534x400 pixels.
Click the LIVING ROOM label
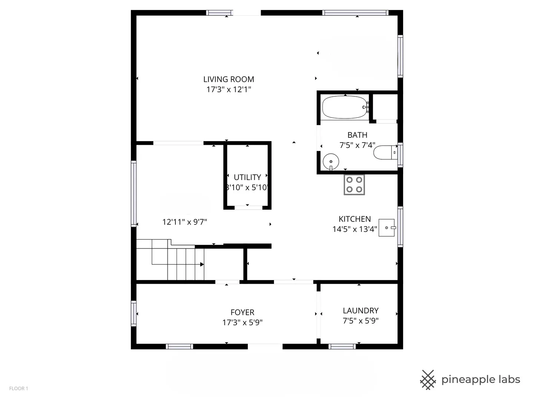click(x=228, y=79)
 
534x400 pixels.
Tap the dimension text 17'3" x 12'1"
click(x=228, y=89)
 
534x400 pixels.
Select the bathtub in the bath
click(x=345, y=107)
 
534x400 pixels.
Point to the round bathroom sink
click(x=331, y=162)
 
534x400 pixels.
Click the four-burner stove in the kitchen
click(x=354, y=184)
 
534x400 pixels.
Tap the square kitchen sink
click(x=387, y=227)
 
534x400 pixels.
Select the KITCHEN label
click(x=355, y=219)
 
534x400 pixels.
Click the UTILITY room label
click(x=247, y=177)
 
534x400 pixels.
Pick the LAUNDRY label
click(x=360, y=311)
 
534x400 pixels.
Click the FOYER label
click(x=242, y=312)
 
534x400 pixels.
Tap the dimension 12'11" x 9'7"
click(x=184, y=222)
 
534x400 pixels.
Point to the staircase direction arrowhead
click(x=202, y=264)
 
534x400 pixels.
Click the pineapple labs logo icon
click(x=428, y=380)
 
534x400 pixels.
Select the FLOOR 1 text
click(x=19, y=389)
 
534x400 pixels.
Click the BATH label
click(x=357, y=135)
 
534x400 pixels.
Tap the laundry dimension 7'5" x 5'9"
click(x=360, y=321)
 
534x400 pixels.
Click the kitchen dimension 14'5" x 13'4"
click(x=355, y=229)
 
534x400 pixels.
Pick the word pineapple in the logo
click(x=468, y=380)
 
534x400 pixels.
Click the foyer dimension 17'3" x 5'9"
click(x=242, y=323)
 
